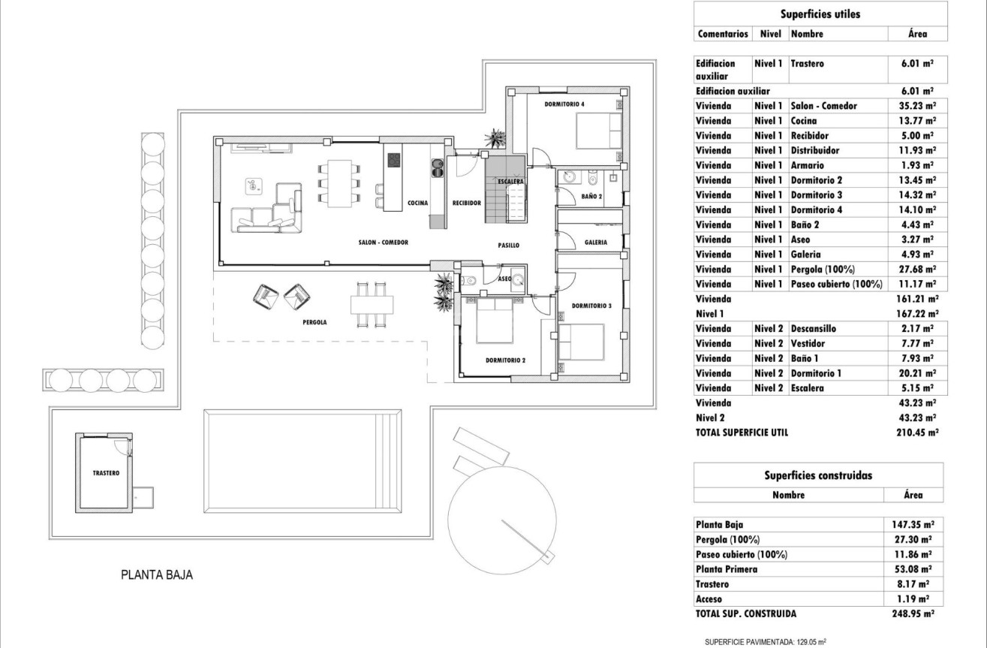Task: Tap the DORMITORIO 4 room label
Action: click(564, 104)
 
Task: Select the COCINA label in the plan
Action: click(417, 203)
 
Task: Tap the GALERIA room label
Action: click(596, 243)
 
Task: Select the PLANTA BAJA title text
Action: click(157, 576)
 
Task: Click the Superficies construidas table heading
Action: click(817, 475)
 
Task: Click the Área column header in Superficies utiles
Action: click(917, 34)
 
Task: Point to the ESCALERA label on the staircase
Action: click(510, 182)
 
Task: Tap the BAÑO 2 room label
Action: click(591, 197)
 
